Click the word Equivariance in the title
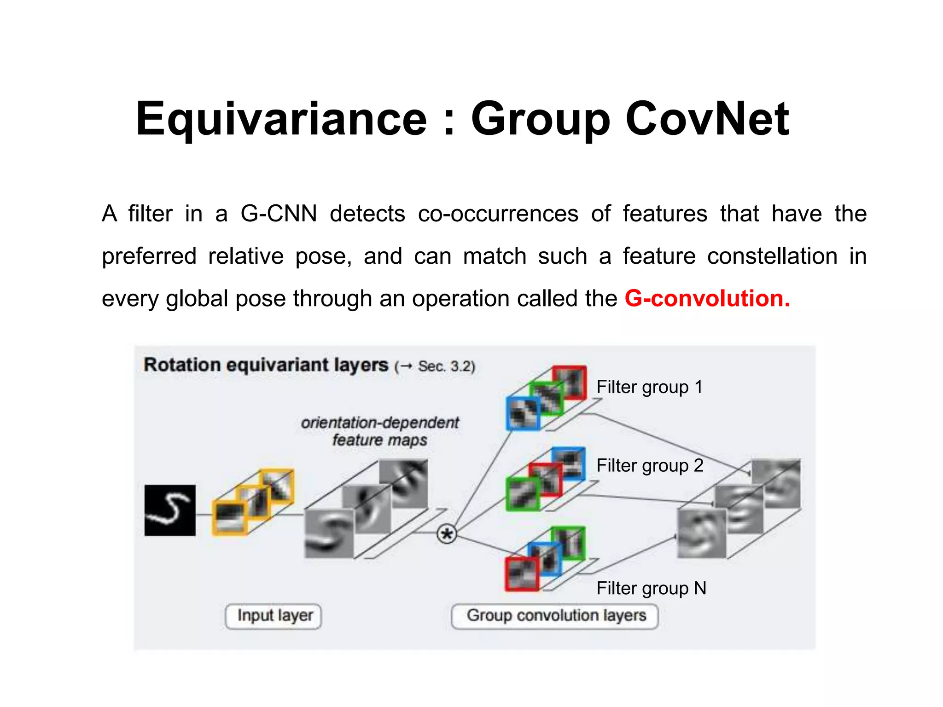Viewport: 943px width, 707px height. (x=281, y=120)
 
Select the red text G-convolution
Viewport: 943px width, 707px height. (x=707, y=298)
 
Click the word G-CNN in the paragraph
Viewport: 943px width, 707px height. (x=279, y=214)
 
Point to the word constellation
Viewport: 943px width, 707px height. (x=772, y=256)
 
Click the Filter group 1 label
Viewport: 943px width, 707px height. (x=649, y=387)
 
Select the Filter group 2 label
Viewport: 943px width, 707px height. (x=650, y=465)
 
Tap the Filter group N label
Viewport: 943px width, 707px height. (x=651, y=588)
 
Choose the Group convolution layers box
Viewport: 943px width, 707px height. (x=555, y=616)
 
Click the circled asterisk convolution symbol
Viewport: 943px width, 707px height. (x=446, y=534)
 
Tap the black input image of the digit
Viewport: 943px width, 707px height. (x=170, y=510)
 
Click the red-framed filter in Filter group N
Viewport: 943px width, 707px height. (x=522, y=574)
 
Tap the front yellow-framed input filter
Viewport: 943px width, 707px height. (x=229, y=518)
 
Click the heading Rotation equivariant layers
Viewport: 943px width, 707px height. (x=266, y=365)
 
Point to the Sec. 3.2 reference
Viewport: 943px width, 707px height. (x=446, y=366)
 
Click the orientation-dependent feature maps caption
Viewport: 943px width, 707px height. (x=380, y=431)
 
